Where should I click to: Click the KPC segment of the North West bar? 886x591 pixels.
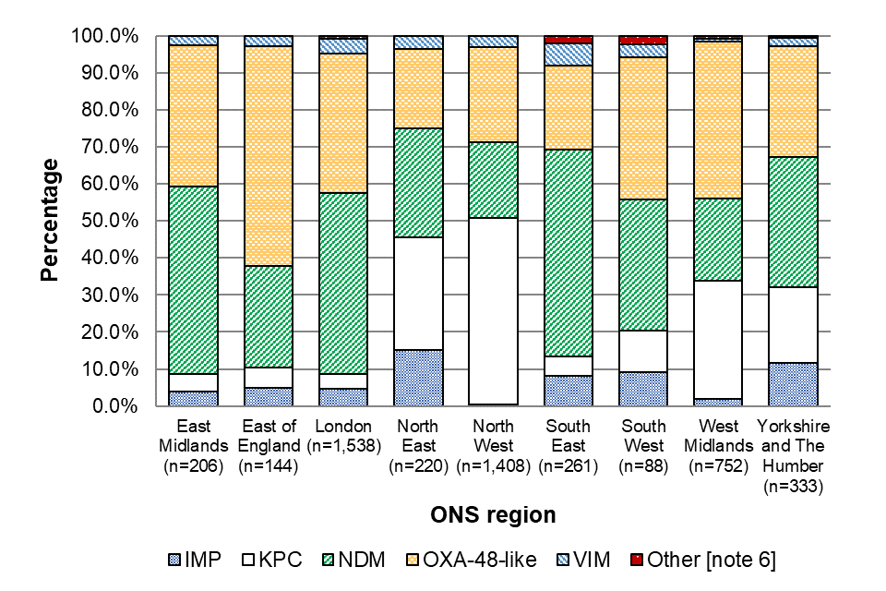pos(493,311)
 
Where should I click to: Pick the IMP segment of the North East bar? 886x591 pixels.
pos(418,378)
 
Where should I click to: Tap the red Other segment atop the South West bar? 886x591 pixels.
pos(642,40)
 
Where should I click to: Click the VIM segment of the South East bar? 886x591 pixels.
pos(568,54)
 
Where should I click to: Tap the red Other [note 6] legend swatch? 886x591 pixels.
pos(636,560)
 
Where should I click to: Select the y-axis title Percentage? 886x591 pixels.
pos(52,221)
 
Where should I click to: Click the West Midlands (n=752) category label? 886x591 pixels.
pos(717,446)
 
